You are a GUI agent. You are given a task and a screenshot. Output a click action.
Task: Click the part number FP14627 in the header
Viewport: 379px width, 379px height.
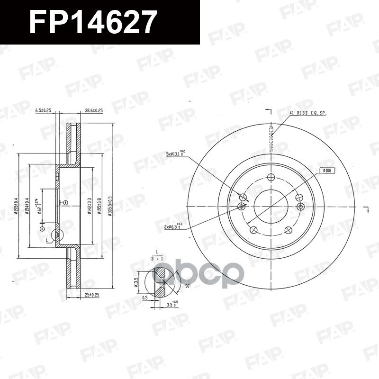(92, 22)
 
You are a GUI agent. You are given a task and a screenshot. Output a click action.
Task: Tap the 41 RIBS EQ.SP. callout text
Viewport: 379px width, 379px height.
(307, 113)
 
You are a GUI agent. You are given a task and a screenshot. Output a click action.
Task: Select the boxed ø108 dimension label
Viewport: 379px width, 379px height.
(327, 170)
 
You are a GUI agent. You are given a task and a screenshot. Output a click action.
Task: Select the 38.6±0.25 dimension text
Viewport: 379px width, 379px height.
(94, 110)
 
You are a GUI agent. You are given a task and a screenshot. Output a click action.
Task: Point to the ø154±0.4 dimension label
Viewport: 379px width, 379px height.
(27, 207)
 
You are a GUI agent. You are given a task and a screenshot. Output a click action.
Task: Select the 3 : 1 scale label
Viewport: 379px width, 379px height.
(156, 259)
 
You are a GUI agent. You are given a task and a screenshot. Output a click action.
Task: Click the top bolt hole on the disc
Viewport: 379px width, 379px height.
(271, 177)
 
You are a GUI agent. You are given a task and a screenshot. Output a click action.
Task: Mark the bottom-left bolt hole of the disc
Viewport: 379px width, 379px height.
(253, 230)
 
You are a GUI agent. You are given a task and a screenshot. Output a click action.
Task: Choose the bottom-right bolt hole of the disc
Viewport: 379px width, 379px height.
(289, 230)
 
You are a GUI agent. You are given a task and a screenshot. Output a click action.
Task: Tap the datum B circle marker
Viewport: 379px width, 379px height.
(65, 203)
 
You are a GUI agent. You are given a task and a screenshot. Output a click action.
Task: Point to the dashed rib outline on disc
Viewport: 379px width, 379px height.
(271, 137)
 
